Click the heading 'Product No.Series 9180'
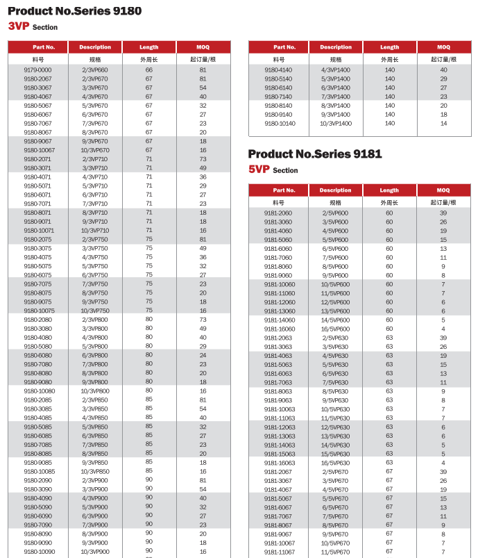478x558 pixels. [x=74, y=11]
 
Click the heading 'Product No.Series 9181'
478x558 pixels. [x=315, y=154]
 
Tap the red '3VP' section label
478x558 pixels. [x=19, y=26]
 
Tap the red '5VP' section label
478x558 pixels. [x=259, y=170]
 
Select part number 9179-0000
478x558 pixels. [x=37, y=70]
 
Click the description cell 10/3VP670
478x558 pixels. [x=95, y=150]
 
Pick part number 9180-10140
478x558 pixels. [x=280, y=123]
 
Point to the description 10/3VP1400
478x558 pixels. [x=336, y=123]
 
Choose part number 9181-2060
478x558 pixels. [x=278, y=213]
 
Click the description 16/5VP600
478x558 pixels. [x=336, y=329]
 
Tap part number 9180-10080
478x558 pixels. [x=39, y=391]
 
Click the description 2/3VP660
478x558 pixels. [x=95, y=70]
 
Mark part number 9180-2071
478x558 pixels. [x=37, y=159]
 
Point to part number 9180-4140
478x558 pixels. [x=278, y=70]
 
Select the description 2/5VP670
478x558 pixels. [x=336, y=471]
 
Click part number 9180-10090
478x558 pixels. [x=39, y=551]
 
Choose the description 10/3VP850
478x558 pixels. [x=95, y=471]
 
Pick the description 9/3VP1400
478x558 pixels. [x=336, y=114]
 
